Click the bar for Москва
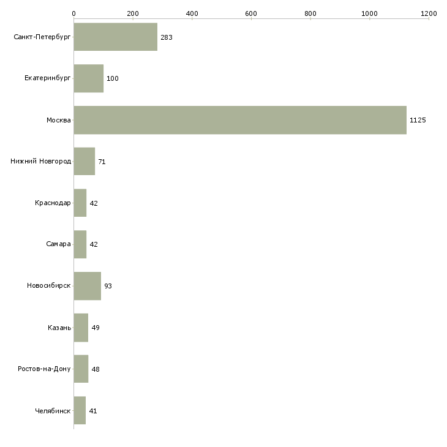(x=240, y=120)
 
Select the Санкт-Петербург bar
(x=116, y=37)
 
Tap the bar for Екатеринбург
(x=89, y=78)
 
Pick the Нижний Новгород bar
(x=85, y=162)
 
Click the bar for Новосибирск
(x=87, y=286)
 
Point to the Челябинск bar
(x=80, y=410)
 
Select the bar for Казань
(x=81, y=328)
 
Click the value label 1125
(x=418, y=120)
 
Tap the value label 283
(x=167, y=37)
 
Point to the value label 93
(x=108, y=286)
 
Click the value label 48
(x=96, y=369)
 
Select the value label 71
(x=102, y=162)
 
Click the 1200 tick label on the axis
(x=429, y=13)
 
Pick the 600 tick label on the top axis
(x=251, y=13)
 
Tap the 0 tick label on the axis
(x=74, y=13)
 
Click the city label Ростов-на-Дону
(x=44, y=369)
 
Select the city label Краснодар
(x=53, y=203)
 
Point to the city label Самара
(x=58, y=244)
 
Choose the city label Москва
(x=58, y=120)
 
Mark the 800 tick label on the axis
(x=310, y=13)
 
